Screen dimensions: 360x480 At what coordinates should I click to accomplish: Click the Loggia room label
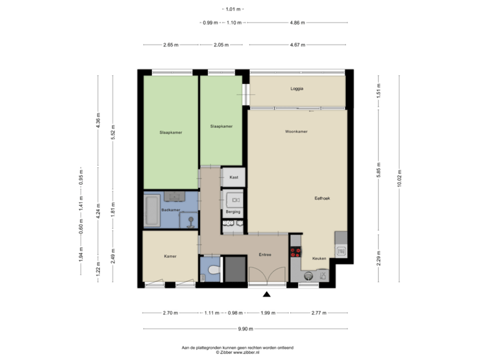(x=297, y=88)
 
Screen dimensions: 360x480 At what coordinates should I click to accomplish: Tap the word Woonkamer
(x=295, y=132)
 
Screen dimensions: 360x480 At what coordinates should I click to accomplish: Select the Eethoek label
(x=324, y=198)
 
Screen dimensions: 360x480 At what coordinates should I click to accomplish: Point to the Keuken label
(x=319, y=257)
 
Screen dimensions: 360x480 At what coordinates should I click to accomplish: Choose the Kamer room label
(x=169, y=256)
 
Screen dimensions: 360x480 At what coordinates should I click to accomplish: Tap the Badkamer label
(x=170, y=210)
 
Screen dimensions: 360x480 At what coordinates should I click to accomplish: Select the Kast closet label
(x=233, y=178)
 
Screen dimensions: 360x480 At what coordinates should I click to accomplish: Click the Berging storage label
(x=233, y=211)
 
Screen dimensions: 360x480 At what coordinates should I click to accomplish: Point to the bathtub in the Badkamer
(x=151, y=210)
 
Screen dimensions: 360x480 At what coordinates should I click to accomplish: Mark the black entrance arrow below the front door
(x=267, y=295)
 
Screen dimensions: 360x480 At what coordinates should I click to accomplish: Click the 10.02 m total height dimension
(x=399, y=179)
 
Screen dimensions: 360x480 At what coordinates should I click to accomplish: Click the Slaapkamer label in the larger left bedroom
(x=171, y=132)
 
